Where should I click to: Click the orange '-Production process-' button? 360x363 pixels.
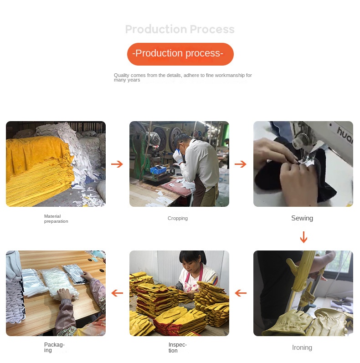coord(180,54)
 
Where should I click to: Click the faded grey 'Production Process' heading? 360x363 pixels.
coord(180,30)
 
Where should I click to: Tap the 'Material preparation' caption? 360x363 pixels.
coord(56,219)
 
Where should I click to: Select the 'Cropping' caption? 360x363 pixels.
coord(178,218)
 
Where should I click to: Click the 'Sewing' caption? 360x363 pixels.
coord(302,218)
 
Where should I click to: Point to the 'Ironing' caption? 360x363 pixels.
coord(302,348)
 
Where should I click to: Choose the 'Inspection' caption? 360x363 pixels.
coord(177,348)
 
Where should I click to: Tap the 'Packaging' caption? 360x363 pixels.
coord(54,348)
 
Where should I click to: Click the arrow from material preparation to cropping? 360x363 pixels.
coord(117,164)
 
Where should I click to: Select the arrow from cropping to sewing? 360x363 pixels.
coord(241,164)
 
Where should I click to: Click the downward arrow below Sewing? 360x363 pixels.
coord(303,237)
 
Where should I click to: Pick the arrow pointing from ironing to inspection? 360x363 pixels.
coord(241,293)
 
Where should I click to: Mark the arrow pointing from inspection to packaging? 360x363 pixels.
coord(117,293)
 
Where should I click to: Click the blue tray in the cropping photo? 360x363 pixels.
coord(159,170)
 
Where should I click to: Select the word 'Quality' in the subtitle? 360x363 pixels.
coord(122,75)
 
